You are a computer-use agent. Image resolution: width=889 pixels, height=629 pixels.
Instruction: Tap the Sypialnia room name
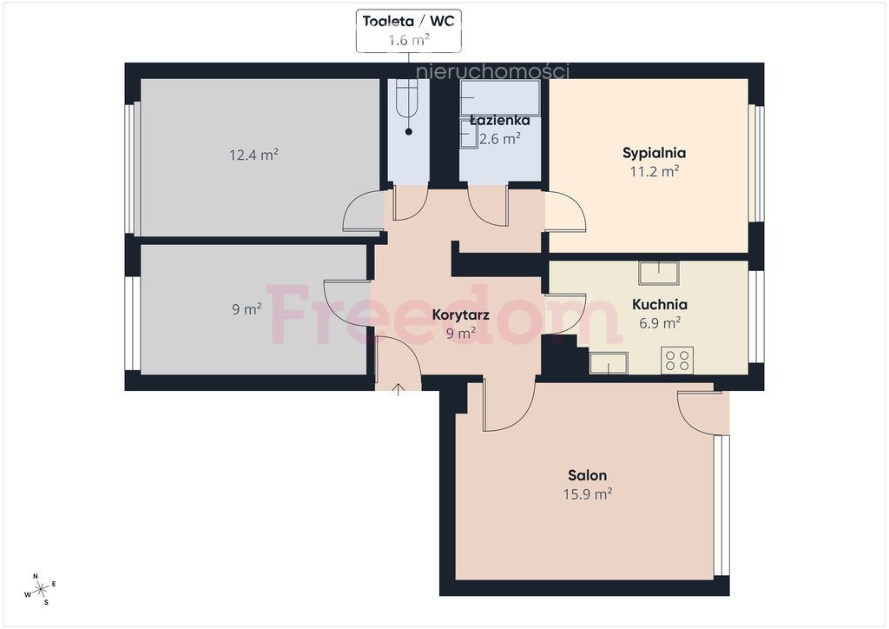point(655,153)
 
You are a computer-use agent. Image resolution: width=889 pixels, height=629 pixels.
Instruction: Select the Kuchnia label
point(660,304)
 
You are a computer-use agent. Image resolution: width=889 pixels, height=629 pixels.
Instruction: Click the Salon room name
point(588,475)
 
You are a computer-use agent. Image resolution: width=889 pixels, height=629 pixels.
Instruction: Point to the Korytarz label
point(460,314)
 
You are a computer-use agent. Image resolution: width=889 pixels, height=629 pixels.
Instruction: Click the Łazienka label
point(500,120)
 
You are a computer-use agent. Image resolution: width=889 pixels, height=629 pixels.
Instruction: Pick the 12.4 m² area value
point(254,155)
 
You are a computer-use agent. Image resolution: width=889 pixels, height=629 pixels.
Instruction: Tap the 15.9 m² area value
point(588,494)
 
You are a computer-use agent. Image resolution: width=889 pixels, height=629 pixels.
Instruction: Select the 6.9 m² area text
point(660,322)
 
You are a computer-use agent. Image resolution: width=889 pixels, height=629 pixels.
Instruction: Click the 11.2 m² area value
point(655,171)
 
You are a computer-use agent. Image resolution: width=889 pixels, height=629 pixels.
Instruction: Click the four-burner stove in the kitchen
point(677,361)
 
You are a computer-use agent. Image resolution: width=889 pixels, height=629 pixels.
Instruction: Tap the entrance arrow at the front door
point(398,390)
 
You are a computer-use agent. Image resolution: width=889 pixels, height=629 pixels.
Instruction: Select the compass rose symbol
point(40,590)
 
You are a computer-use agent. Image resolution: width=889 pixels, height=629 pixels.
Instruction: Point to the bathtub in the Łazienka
point(500,97)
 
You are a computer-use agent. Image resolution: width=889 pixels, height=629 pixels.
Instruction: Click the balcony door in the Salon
point(699,412)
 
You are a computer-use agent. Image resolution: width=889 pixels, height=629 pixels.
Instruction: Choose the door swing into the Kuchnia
point(566,314)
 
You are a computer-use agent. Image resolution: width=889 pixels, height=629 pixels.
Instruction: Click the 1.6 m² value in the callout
point(408,40)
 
